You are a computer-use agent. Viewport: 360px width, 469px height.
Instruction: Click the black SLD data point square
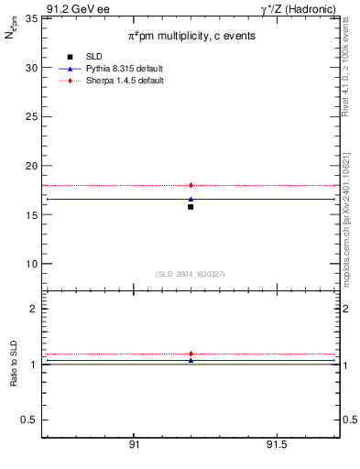pyautogui.click(x=191, y=207)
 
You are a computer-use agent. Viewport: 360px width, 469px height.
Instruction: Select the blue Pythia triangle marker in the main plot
pyautogui.click(x=191, y=199)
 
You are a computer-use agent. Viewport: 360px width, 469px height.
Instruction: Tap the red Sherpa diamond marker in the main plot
pyautogui.click(x=191, y=185)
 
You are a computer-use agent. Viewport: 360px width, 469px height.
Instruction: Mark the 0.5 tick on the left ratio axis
pyautogui.click(x=30, y=420)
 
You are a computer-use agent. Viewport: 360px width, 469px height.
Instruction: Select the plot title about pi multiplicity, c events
pyautogui.click(x=191, y=35)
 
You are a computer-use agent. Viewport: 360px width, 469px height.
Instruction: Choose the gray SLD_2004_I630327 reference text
pyautogui.click(x=191, y=273)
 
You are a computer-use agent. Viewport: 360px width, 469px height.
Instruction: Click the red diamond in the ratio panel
pyautogui.click(x=191, y=354)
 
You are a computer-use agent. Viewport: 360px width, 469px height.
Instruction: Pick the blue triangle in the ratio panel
pyautogui.click(x=191, y=360)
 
